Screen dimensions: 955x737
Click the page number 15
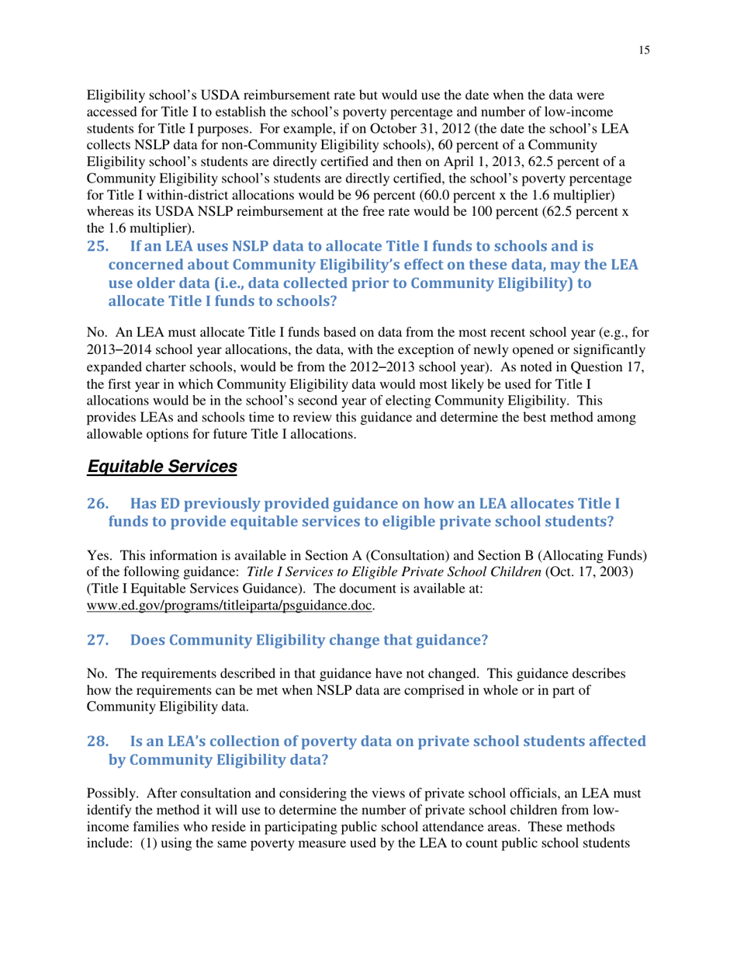(645, 50)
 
